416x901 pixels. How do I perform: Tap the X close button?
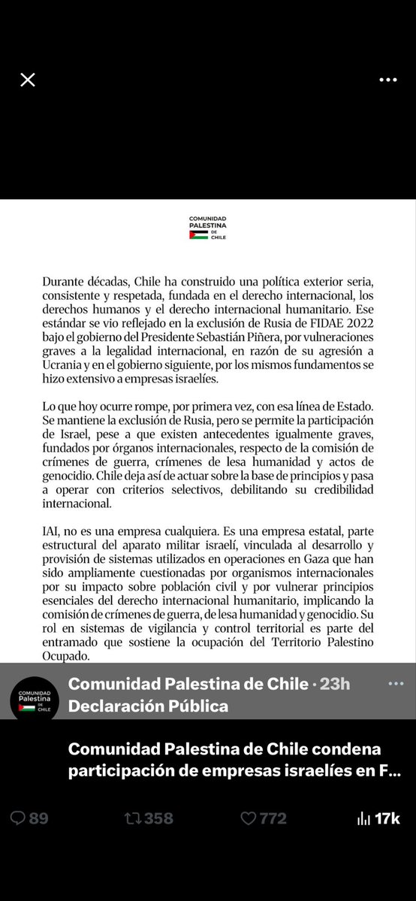click(28, 80)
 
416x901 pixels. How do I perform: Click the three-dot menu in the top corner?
click(387, 80)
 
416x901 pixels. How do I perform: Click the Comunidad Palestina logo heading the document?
click(207, 228)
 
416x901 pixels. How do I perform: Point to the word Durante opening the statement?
click(65, 280)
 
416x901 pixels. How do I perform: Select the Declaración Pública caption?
click(148, 706)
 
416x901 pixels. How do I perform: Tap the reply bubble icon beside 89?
click(18, 818)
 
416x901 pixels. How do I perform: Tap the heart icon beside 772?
click(249, 818)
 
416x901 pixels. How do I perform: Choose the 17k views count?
click(388, 818)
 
